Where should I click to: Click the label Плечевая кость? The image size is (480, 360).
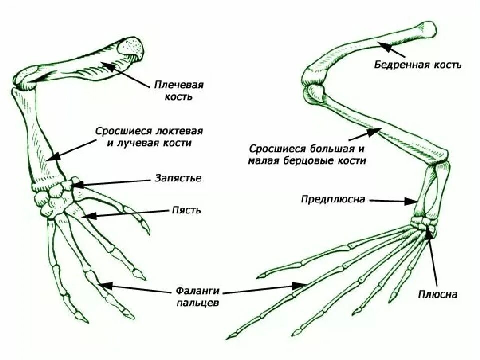pyautogui.click(x=178, y=90)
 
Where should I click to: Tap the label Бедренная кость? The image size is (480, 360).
pyautogui.click(x=418, y=65)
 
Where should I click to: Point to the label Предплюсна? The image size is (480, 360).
pyautogui.click(x=333, y=199)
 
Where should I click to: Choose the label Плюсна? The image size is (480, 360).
pyautogui.click(x=438, y=294)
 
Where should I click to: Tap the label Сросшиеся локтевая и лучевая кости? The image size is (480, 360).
pyautogui.click(x=149, y=136)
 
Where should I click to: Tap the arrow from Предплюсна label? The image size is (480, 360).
pyautogui.click(x=395, y=201)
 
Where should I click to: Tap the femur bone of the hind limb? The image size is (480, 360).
pyautogui.click(x=370, y=50)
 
